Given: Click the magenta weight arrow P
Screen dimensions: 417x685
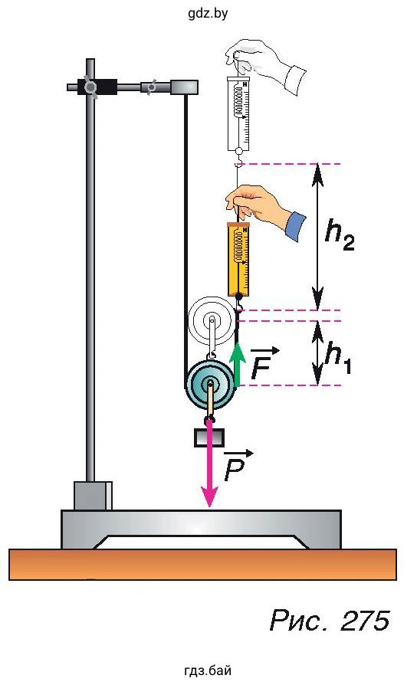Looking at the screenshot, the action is (x=210, y=463).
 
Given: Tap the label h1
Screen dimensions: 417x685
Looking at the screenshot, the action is (x=338, y=359).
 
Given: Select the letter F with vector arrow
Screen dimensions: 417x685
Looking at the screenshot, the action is (x=264, y=362).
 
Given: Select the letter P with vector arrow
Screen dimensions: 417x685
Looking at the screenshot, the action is (x=238, y=465).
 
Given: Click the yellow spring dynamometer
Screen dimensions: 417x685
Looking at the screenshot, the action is (x=238, y=261).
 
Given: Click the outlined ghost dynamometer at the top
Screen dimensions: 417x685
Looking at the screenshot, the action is (x=238, y=114).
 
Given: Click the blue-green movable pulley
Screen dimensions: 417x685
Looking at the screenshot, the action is (x=210, y=385).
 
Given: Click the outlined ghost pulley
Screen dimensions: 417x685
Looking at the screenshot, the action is (x=212, y=321).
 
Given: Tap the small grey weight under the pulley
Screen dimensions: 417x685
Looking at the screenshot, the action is (x=209, y=438).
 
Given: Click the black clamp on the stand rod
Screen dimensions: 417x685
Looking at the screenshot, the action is (x=97, y=87).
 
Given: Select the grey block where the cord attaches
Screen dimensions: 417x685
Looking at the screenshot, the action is (x=184, y=87).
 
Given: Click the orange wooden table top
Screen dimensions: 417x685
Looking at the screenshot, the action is (x=203, y=565).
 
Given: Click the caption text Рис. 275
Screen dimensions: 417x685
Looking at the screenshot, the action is (x=330, y=620).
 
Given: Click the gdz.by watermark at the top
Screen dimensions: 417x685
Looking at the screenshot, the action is (x=208, y=13).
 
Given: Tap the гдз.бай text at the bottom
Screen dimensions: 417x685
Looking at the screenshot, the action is (x=208, y=670).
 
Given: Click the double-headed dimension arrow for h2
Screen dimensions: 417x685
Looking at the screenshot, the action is (x=318, y=237).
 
